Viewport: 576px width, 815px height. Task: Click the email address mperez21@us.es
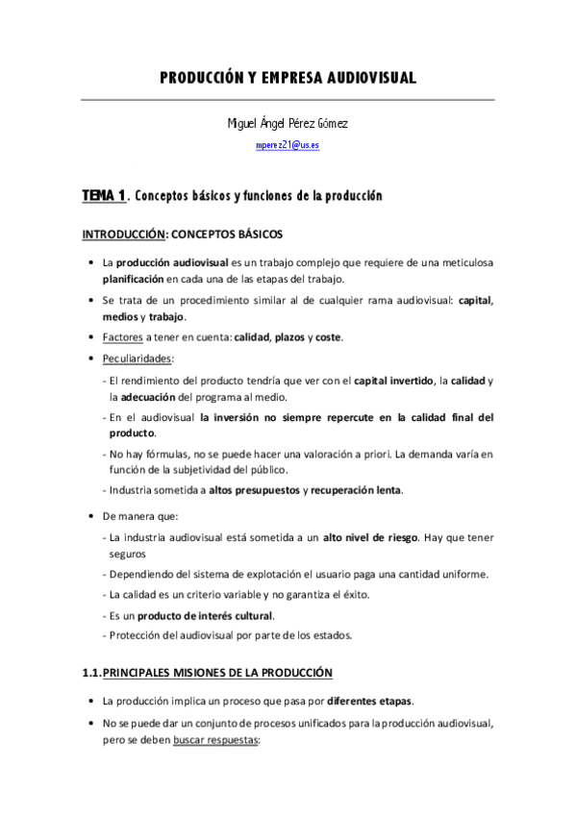coord(288,144)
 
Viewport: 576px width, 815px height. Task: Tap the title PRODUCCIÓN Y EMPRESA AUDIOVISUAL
coord(288,79)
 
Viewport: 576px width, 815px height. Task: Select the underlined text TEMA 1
coord(104,196)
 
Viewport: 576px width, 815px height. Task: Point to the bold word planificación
coord(134,279)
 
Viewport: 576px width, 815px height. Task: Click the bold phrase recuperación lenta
coord(356,491)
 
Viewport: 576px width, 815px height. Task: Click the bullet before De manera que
coord(89,517)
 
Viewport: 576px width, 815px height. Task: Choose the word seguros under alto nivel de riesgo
coord(127,554)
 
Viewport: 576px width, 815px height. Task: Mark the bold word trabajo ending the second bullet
coord(165,316)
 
